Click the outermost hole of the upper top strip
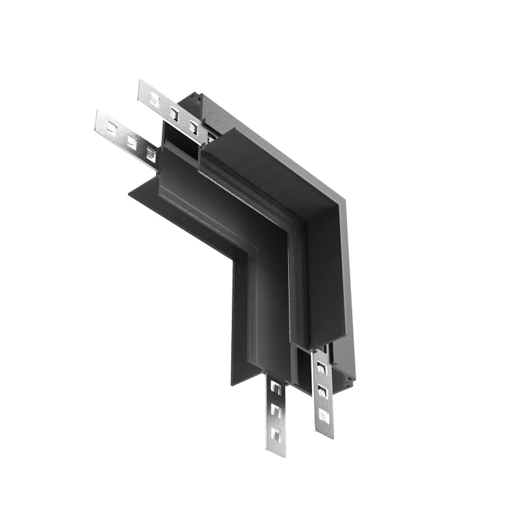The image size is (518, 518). (x=155, y=99)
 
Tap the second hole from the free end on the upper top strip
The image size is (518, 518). (x=174, y=113)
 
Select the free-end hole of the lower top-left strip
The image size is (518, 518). (x=112, y=124)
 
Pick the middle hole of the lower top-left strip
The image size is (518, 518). (x=131, y=139)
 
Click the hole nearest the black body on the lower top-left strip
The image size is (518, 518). (x=150, y=153)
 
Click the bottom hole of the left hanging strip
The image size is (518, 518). (x=276, y=433)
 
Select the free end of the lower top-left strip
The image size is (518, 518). (x=98, y=115)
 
